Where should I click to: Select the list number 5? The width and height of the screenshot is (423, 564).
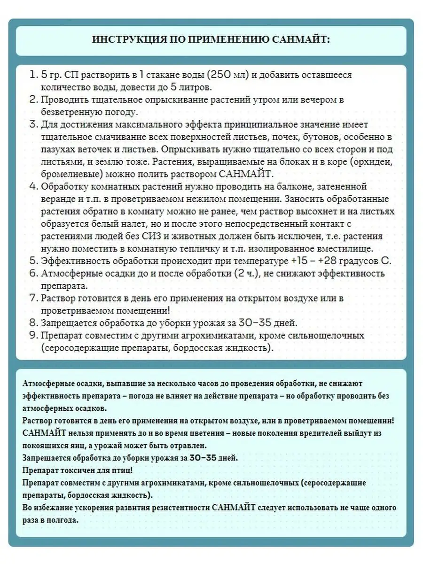pyautogui.click(x=33, y=261)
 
